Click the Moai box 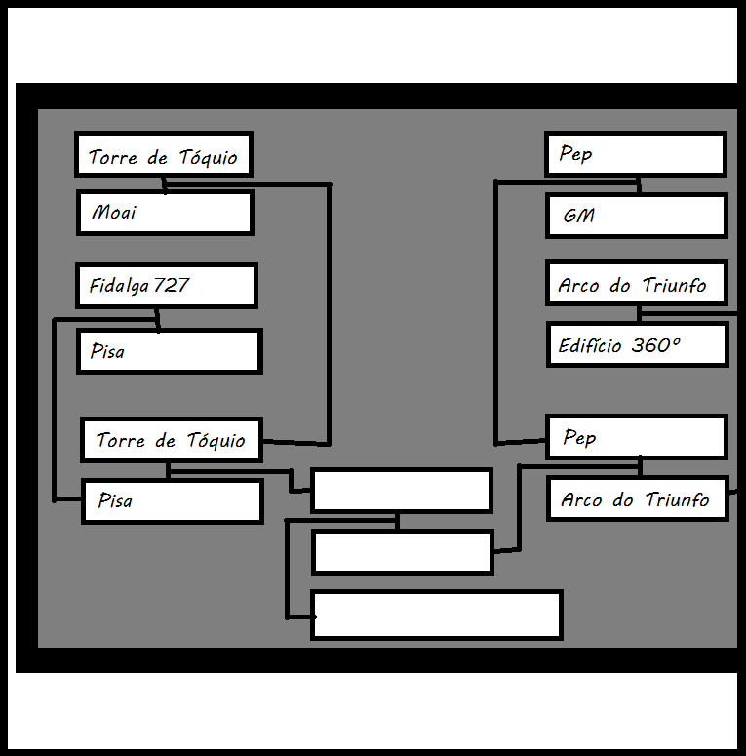click(x=165, y=213)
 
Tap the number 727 click(x=171, y=285)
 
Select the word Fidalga click(x=119, y=286)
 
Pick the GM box click(x=637, y=216)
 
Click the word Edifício click(x=589, y=345)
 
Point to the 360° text click(x=655, y=345)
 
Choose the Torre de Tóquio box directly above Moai click(x=164, y=154)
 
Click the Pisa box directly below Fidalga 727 click(x=169, y=351)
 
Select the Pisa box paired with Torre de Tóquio click(x=172, y=501)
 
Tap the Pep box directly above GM click(x=636, y=154)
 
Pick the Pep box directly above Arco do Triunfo click(x=636, y=437)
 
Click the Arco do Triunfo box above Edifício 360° click(x=637, y=284)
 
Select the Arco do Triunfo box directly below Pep click(x=638, y=498)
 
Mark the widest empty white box click(x=437, y=616)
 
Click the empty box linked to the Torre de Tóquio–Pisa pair click(x=402, y=491)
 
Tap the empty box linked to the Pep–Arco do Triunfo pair click(x=403, y=552)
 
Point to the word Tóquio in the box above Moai click(x=208, y=157)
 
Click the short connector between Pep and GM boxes click(x=639, y=185)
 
